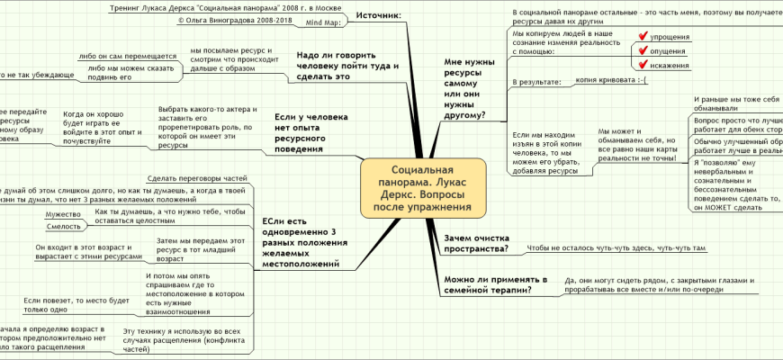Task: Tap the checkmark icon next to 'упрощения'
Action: coord(643,37)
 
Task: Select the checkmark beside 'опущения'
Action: coord(643,51)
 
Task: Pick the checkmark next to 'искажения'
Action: coord(643,66)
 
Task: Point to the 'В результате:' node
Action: coord(535,82)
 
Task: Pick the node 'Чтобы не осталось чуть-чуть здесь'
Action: coord(616,247)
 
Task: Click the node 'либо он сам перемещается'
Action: coord(127,56)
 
